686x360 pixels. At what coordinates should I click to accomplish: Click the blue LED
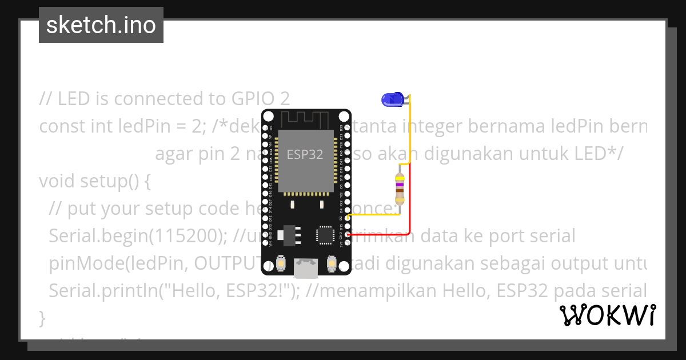392,100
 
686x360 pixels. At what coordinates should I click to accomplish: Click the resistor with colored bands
400,190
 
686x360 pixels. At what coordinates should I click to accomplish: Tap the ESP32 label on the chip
305,154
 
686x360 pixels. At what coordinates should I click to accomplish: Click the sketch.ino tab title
101,25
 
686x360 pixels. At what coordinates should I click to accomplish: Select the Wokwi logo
607,315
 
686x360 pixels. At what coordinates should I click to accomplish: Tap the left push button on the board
281,263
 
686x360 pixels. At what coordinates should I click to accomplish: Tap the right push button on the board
331,263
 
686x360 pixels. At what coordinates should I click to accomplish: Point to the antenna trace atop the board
306,119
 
